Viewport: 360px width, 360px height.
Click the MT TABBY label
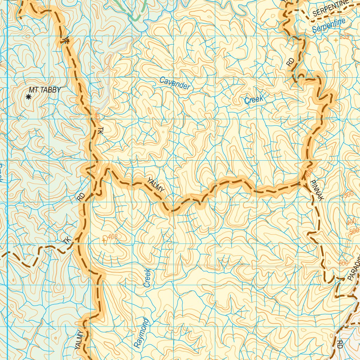(45, 90)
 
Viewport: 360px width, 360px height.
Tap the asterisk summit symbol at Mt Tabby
(29, 97)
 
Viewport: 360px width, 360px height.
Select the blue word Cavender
(175, 83)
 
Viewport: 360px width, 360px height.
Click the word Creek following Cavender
(253, 100)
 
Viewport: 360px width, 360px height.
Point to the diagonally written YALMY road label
(155, 185)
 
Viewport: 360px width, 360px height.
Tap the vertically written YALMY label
(79, 340)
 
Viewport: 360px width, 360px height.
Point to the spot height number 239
(345, 36)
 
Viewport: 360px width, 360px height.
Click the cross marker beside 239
(336, 40)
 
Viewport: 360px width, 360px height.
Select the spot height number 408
(112, 237)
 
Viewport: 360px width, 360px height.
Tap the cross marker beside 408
(104, 240)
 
